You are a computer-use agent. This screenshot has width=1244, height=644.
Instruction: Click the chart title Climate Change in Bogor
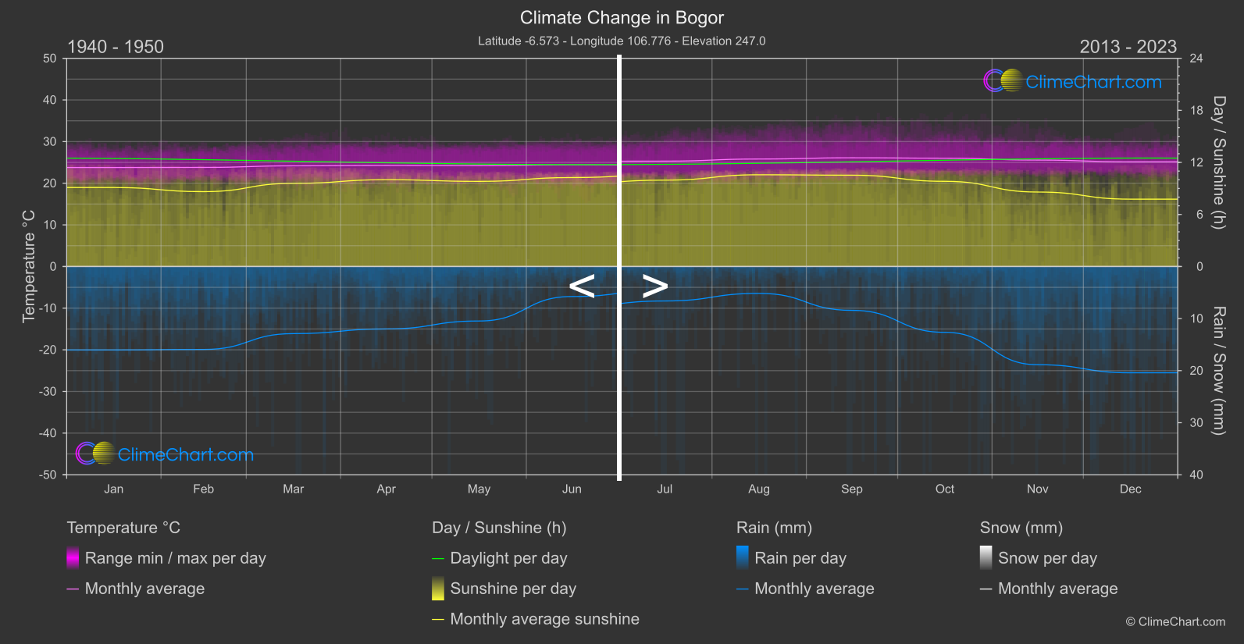point(622,17)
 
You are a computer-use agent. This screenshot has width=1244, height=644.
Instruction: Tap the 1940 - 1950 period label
point(116,47)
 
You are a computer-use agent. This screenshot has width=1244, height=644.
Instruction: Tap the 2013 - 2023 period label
point(1128,47)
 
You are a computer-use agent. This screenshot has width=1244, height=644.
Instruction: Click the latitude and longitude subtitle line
point(622,41)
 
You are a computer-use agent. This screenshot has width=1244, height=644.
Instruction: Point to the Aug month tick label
point(758,489)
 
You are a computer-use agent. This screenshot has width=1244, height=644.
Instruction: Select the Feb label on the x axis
point(203,489)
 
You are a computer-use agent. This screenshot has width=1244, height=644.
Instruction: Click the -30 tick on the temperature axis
point(48,391)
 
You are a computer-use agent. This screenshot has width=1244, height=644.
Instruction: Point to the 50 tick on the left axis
point(50,59)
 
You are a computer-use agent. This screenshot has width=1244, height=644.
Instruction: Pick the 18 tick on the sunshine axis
point(1196,110)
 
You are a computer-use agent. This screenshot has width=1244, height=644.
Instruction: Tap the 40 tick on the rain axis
point(1196,475)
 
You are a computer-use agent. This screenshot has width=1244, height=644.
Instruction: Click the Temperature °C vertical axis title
point(29,266)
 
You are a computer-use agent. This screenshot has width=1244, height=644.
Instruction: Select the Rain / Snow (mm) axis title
point(1218,370)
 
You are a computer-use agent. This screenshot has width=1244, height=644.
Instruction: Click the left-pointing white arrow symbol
point(582,286)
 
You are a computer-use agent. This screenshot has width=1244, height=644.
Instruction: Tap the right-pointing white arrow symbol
point(654,286)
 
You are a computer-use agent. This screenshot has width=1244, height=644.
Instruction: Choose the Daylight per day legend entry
point(508,558)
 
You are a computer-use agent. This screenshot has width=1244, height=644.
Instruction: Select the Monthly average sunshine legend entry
point(544,619)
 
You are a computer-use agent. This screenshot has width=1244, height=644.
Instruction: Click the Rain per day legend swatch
point(743,557)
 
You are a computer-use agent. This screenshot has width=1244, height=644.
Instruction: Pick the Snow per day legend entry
point(1047,558)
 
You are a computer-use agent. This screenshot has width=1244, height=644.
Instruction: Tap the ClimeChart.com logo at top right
point(1073,81)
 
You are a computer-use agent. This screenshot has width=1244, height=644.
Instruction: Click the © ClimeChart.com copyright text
point(1175,621)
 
